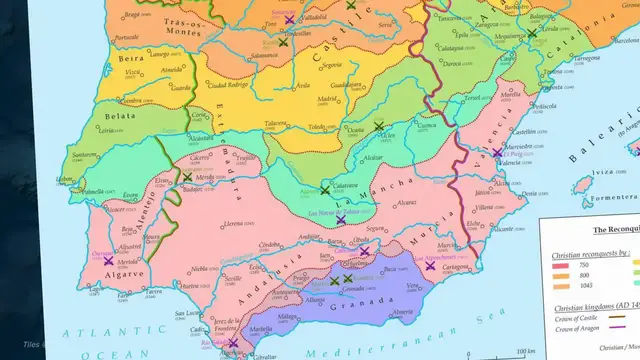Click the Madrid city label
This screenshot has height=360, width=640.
327,99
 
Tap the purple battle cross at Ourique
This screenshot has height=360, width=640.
108,260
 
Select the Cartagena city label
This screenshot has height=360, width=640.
455,267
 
